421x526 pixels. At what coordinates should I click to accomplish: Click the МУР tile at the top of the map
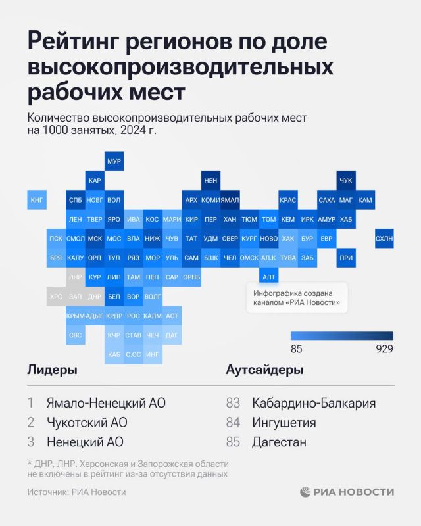[x=114, y=161]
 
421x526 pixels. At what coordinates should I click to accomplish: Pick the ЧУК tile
[x=346, y=180]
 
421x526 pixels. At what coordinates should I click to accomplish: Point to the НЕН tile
[x=210, y=180]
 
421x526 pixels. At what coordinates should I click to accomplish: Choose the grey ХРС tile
[x=56, y=297]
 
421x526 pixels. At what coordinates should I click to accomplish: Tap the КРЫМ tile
[x=76, y=316]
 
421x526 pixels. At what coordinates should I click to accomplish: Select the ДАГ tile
[x=172, y=335]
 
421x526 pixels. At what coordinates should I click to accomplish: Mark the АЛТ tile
[x=268, y=277]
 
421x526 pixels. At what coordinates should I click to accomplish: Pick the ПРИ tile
[x=346, y=258]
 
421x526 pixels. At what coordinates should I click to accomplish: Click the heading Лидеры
[x=52, y=370]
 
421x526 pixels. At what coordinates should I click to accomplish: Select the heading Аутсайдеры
[x=264, y=370]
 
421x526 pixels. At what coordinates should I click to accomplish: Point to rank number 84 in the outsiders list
[x=233, y=423]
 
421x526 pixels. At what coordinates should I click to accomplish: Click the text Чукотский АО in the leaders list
[x=86, y=423]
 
